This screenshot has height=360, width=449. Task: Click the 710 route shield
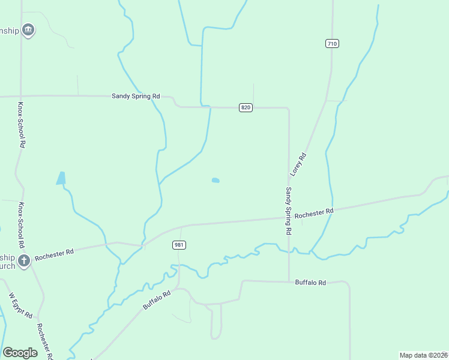333,43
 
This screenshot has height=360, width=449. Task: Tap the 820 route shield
246,107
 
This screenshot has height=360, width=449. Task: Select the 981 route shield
179,245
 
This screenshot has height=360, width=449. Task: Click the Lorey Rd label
298,164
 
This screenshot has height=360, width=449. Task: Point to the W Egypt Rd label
20,306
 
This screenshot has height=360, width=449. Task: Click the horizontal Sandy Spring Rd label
136,96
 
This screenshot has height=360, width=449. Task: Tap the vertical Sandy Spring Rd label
288,211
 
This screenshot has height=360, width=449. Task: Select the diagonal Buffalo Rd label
157,299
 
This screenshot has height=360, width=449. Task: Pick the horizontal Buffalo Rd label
310,282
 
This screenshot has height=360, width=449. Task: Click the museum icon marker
28,30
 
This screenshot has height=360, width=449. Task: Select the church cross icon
24,260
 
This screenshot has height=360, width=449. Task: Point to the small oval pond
215,180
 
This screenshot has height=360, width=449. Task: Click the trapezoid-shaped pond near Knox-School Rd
61,178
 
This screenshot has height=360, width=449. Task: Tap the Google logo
20,353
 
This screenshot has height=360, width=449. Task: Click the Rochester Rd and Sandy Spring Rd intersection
289,218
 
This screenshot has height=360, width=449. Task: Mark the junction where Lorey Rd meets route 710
326,101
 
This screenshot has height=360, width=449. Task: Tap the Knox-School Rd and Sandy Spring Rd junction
22,96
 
